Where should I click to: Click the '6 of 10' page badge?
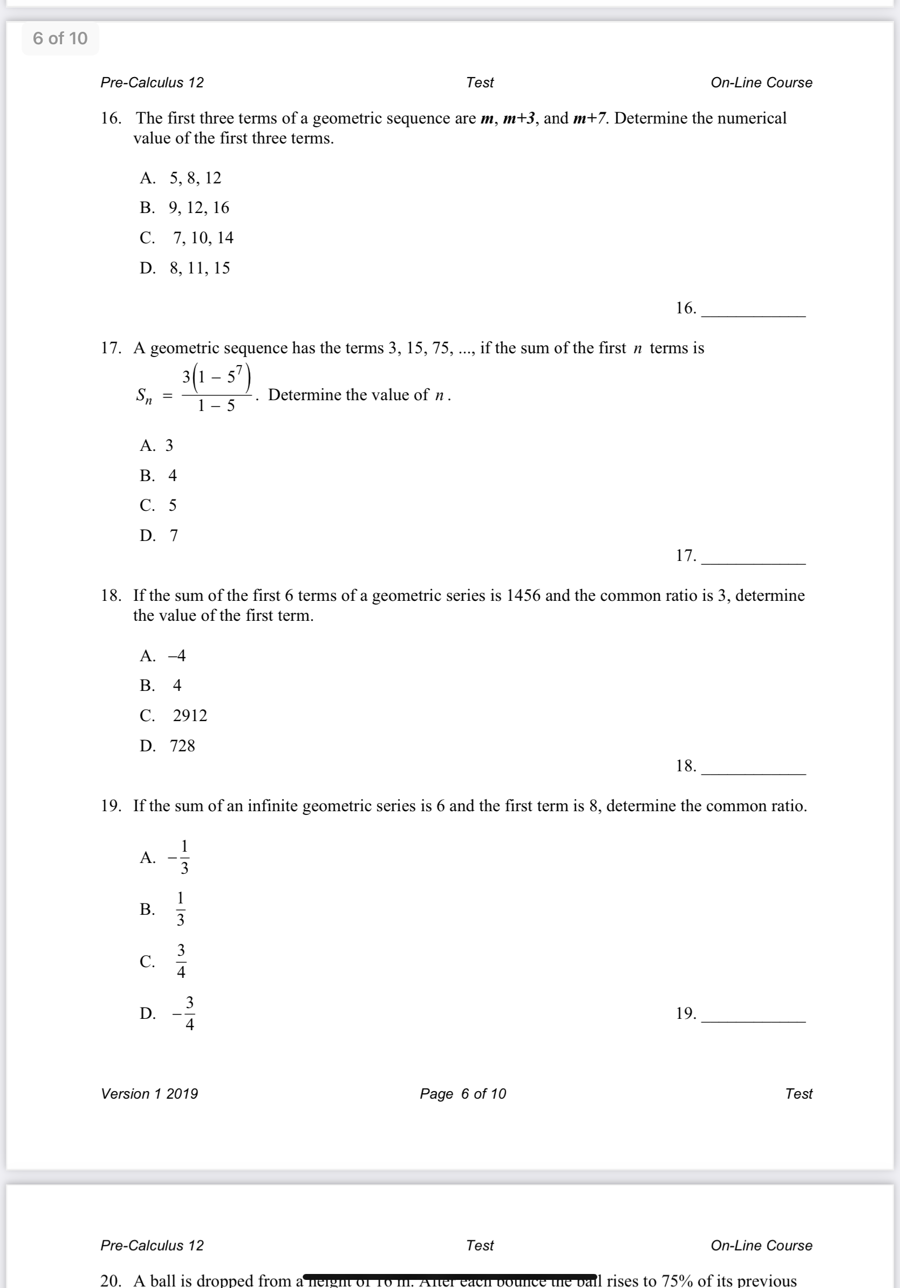[60, 38]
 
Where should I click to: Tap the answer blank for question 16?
[753, 310]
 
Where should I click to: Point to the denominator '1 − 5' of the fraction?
[216, 406]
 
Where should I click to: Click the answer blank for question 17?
[753, 557]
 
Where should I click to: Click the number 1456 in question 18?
[523, 595]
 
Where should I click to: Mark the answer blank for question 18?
[753, 768]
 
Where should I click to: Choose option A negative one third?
[179, 857]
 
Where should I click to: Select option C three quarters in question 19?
[181, 961]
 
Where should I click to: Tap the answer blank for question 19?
[753, 1016]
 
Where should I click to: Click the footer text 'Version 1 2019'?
[149, 1093]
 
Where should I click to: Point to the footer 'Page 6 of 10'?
[463, 1093]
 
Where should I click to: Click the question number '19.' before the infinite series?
[111, 806]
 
